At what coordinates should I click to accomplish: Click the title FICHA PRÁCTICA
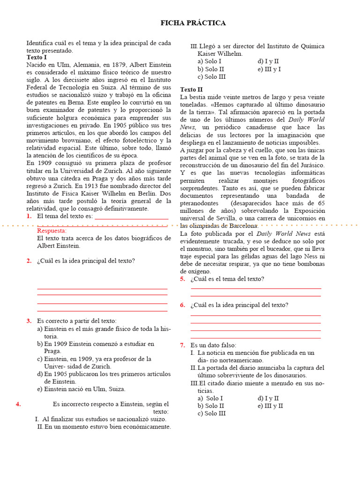193,23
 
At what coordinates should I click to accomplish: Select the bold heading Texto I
37,57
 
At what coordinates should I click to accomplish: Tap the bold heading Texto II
192,89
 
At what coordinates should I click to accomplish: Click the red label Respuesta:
52,231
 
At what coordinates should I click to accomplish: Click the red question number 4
18,404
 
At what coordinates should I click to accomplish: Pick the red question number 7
182,345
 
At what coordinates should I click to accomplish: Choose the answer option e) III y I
269,69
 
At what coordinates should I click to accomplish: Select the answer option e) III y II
270,406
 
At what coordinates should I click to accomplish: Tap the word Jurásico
311,165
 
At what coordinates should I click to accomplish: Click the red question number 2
29,261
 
